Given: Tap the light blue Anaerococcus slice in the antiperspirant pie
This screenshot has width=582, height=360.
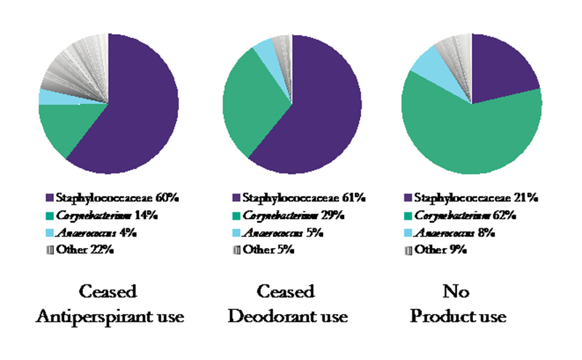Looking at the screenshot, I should pos(48,97).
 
